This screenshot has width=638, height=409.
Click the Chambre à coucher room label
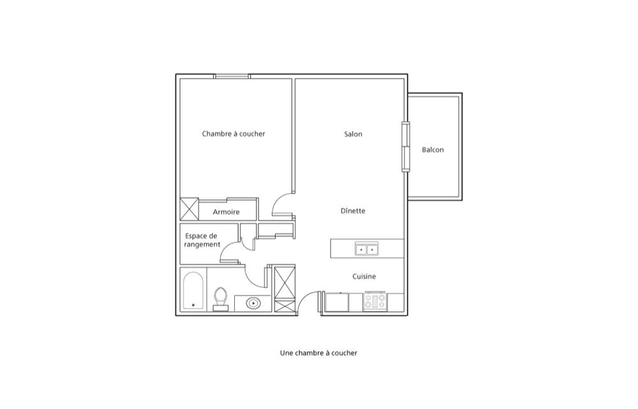(234, 134)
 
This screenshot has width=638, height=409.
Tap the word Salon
(353, 134)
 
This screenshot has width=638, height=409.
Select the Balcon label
(433, 150)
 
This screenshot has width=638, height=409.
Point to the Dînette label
(353, 211)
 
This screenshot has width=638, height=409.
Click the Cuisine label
(364, 276)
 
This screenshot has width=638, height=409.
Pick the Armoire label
(226, 212)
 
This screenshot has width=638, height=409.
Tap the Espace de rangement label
(202, 240)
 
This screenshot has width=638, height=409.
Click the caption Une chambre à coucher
(318, 353)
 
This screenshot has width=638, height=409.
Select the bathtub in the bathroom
(193, 291)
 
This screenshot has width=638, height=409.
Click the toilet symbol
(221, 299)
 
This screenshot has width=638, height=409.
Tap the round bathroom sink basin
(253, 303)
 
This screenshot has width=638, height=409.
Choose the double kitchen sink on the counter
(367, 249)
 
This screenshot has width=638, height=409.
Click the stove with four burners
(375, 301)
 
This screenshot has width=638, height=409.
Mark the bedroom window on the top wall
(232, 76)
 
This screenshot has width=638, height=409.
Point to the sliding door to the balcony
(406, 146)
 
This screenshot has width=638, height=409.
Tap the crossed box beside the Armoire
(189, 209)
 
